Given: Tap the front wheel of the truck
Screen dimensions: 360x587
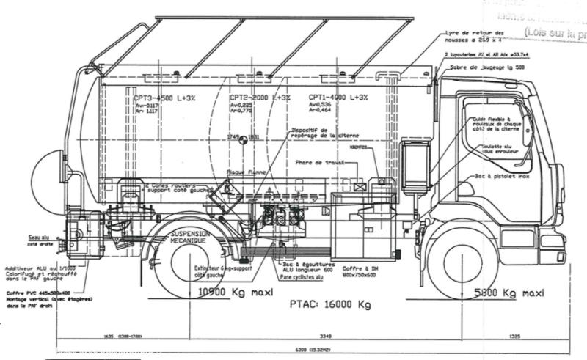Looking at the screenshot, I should tap(462, 265).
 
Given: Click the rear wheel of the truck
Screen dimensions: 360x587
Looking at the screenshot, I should tap(192, 265).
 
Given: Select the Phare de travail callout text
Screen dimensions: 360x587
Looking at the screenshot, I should tap(318, 162).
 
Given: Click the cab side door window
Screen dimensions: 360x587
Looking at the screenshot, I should tap(493, 132).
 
